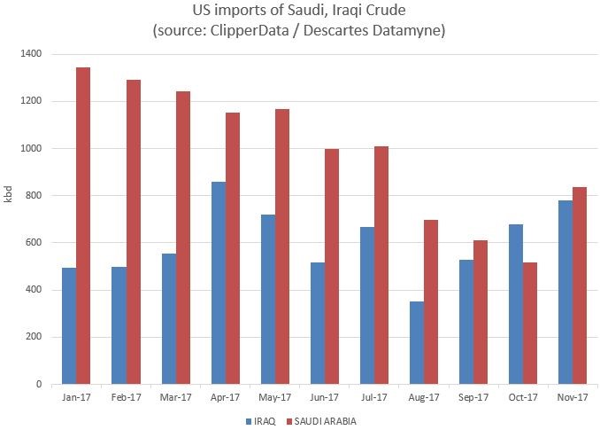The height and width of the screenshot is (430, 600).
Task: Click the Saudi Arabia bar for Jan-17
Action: (83, 226)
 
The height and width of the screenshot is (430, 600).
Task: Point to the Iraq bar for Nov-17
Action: (565, 293)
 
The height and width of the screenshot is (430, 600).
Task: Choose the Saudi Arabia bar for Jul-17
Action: (381, 265)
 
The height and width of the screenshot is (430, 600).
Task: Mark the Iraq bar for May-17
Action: (267, 300)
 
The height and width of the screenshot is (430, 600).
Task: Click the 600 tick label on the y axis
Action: (33, 243)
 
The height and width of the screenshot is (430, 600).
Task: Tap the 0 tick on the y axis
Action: (38, 385)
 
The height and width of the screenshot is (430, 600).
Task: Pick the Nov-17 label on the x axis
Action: (572, 397)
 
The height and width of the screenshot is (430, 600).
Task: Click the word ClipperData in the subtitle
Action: (281, 32)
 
